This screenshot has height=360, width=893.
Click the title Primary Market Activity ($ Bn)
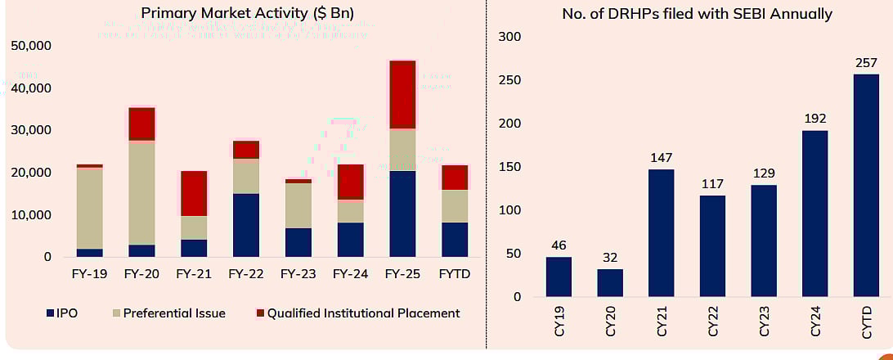tap(241, 13)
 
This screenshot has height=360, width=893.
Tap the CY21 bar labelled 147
tap(661, 233)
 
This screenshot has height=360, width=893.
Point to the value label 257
tap(866, 63)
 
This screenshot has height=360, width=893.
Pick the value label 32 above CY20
tap(610, 258)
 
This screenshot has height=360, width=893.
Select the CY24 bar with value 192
tap(814, 214)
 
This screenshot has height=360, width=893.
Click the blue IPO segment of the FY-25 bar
tap(402, 214)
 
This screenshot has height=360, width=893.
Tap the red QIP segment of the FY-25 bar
tap(402, 94)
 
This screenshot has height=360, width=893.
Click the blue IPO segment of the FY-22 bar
tap(245, 225)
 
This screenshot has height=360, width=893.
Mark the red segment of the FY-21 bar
tap(194, 193)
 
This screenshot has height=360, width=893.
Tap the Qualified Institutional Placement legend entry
tap(357, 313)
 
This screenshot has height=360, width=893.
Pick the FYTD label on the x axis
tap(454, 273)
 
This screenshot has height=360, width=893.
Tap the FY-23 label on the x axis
tap(298, 273)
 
